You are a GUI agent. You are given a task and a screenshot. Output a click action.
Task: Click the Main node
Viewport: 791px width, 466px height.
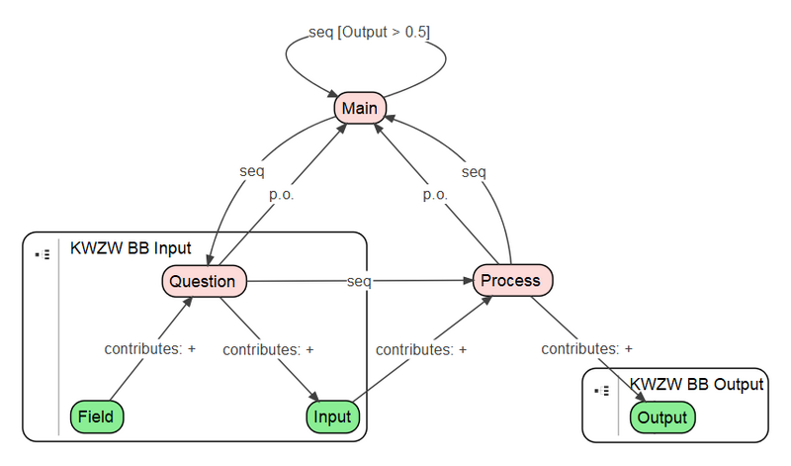click(x=360, y=108)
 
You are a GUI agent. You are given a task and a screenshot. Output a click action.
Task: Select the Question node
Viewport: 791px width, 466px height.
click(x=203, y=281)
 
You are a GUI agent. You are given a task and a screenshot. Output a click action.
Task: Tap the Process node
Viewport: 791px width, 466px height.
click(x=512, y=280)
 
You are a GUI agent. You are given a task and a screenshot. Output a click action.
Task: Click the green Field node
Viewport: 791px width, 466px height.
click(x=97, y=417)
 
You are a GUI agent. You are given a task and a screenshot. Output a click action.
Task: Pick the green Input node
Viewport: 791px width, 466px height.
click(x=332, y=417)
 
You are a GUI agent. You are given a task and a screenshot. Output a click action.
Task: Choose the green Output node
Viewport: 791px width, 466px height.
click(x=661, y=418)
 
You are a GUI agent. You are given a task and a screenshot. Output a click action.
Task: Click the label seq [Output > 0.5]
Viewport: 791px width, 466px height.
click(x=369, y=32)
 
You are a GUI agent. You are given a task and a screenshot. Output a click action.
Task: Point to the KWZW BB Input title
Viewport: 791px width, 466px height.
click(x=131, y=248)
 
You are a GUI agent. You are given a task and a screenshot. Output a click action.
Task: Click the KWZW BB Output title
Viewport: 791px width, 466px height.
click(x=696, y=384)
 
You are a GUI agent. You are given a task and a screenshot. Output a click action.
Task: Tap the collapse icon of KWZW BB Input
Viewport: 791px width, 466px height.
click(x=43, y=254)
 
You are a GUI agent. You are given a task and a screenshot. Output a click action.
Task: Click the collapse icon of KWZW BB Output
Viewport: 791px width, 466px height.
click(x=602, y=391)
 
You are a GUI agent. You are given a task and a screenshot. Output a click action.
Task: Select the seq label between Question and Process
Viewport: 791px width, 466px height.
click(x=359, y=281)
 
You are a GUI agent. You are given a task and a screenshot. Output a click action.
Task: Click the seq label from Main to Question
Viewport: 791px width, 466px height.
click(x=251, y=171)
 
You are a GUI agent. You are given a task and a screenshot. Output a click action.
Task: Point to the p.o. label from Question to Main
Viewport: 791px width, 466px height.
click(x=282, y=195)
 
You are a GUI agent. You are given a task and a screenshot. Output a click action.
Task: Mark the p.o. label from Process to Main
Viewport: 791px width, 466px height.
click(x=435, y=195)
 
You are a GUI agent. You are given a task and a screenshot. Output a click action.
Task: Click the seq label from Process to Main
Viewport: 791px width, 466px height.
click(x=474, y=171)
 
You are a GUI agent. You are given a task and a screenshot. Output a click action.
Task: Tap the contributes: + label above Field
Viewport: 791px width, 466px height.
click(x=150, y=349)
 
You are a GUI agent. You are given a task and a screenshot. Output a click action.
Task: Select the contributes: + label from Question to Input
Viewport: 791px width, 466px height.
click(x=268, y=349)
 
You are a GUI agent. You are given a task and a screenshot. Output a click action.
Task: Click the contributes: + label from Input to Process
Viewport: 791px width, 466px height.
click(x=420, y=349)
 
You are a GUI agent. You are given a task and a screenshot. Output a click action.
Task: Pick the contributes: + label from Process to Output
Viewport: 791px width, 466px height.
click(x=586, y=348)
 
